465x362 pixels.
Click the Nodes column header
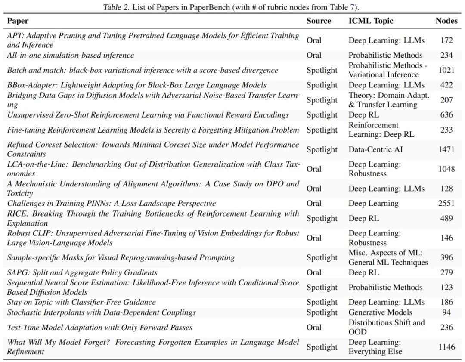(x=446, y=21)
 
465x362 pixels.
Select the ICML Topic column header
(x=371, y=21)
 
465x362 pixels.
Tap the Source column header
(x=319, y=21)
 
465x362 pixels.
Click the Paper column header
(x=18, y=21)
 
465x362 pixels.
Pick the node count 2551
(x=446, y=203)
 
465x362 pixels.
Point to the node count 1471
(x=446, y=149)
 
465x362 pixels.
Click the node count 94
(x=446, y=312)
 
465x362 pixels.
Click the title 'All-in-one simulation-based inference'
(x=71, y=55)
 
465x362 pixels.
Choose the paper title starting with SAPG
(x=82, y=272)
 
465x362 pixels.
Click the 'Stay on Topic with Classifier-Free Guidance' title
(x=81, y=302)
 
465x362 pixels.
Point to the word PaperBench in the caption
(x=206, y=7)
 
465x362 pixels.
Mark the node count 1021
(x=446, y=70)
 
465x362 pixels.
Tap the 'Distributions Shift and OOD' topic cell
(x=386, y=327)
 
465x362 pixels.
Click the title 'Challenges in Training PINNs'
(x=112, y=203)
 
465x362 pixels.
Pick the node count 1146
(x=446, y=347)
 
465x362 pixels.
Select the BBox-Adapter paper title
(x=137, y=85)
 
